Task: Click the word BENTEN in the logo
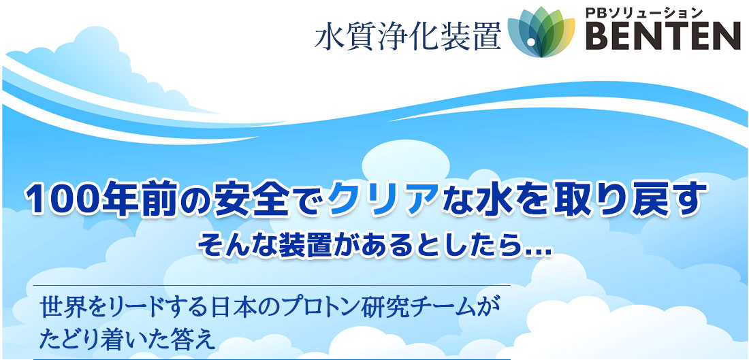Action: pyautogui.click(x=663, y=35)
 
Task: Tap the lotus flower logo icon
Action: pyautogui.click(x=541, y=32)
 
